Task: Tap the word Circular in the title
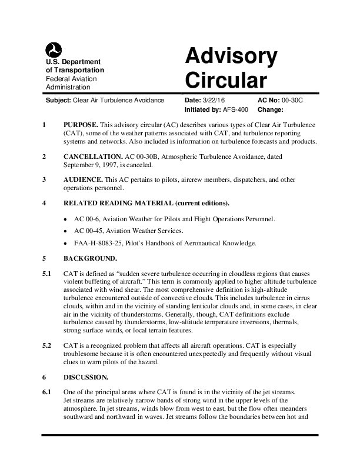click(x=226, y=78)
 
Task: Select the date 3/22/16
click(x=215, y=101)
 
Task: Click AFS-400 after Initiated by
click(x=235, y=109)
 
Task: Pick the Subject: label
click(x=58, y=101)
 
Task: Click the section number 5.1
click(x=47, y=274)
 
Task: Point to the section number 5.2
click(x=47, y=345)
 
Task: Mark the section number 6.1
click(x=47, y=391)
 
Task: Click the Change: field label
click(x=270, y=109)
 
